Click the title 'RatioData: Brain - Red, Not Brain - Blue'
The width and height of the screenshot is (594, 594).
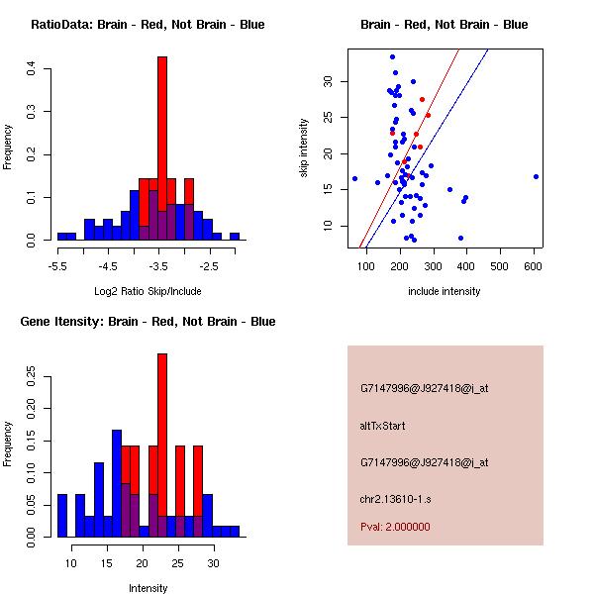(x=147, y=25)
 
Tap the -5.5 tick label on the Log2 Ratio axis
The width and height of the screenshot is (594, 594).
(x=57, y=265)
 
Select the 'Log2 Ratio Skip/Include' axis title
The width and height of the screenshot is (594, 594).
(x=147, y=291)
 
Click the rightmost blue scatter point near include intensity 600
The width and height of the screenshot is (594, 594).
(x=536, y=176)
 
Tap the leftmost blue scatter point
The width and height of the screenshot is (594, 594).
(x=354, y=178)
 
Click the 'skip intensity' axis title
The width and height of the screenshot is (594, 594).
(x=305, y=148)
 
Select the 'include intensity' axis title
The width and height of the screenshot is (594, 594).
(x=445, y=291)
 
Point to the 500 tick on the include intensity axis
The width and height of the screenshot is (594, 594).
(x=499, y=265)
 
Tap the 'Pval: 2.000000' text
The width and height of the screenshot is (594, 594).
(x=395, y=527)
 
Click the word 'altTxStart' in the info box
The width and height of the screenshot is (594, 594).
(x=383, y=426)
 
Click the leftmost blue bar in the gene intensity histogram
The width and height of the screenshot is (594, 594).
(x=62, y=515)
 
